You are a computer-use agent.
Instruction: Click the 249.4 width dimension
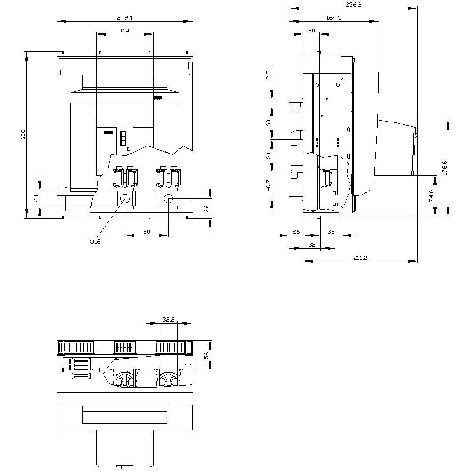125,18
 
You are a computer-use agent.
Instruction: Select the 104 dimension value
125,31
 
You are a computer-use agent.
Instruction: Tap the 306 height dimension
23,135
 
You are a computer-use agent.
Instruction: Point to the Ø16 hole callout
95,242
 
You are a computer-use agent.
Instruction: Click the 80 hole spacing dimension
146,232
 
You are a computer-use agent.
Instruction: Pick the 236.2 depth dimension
353,5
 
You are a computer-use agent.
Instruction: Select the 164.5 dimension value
334,18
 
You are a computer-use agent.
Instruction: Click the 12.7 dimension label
268,77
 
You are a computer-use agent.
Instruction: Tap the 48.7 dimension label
268,185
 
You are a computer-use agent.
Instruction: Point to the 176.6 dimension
445,168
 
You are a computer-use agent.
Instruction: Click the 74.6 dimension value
431,195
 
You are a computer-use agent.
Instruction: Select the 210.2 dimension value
360,258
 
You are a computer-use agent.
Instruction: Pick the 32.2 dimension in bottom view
168,320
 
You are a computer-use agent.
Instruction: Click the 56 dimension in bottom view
206,356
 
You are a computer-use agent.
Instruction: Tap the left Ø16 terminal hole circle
125,199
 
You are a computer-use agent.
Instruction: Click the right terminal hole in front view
169,199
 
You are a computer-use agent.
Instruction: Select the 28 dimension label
36,199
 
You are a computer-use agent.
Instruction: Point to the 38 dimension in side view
331,232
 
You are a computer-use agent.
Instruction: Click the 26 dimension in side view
296,232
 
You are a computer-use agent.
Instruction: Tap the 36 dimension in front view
206,209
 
